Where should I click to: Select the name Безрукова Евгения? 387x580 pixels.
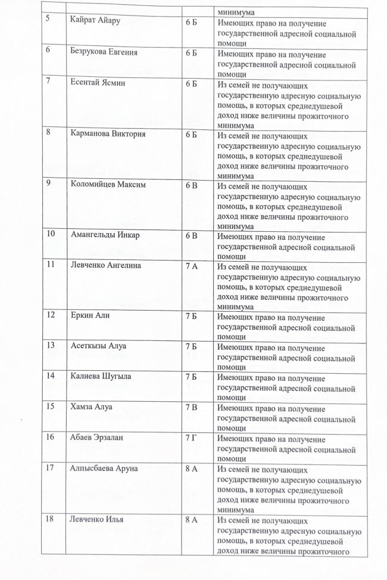(x=104, y=53)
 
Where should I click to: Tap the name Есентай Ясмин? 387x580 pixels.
(x=98, y=83)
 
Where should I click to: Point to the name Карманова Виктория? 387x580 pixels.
(x=108, y=134)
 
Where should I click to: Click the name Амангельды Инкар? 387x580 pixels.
(x=105, y=235)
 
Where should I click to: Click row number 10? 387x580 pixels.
(x=52, y=235)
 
